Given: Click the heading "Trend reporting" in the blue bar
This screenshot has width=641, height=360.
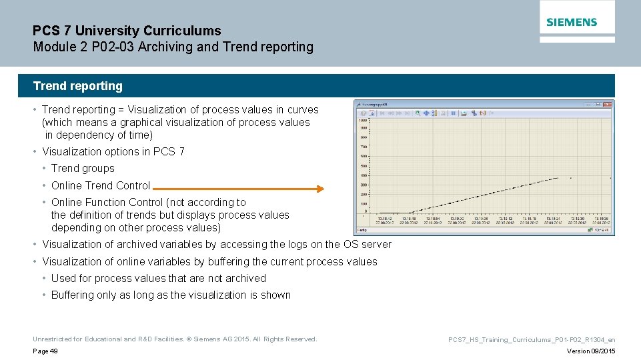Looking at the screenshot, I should click(x=78, y=86).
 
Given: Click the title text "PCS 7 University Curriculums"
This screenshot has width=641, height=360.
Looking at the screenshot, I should click(x=127, y=31).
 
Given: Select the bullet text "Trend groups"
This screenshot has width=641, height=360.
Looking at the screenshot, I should click(x=83, y=169).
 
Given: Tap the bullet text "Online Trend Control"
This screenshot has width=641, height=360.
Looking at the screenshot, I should click(x=101, y=185).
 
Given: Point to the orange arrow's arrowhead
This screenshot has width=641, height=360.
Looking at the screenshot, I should click(x=319, y=189).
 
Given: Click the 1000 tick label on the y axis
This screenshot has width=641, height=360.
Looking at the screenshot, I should click(x=364, y=121).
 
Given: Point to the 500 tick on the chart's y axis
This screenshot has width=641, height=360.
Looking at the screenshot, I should click(x=364, y=166).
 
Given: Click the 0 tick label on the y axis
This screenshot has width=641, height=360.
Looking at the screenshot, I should click(x=366, y=211).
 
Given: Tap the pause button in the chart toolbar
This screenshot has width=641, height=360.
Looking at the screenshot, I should click(x=453, y=113).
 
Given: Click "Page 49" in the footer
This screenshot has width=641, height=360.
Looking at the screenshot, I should click(x=45, y=351).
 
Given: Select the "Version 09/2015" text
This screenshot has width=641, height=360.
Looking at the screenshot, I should click(x=591, y=351).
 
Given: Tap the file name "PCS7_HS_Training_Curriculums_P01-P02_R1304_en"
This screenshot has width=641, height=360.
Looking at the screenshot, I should click(x=532, y=339).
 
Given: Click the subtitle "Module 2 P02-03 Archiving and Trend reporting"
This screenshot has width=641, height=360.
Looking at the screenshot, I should click(x=173, y=47).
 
